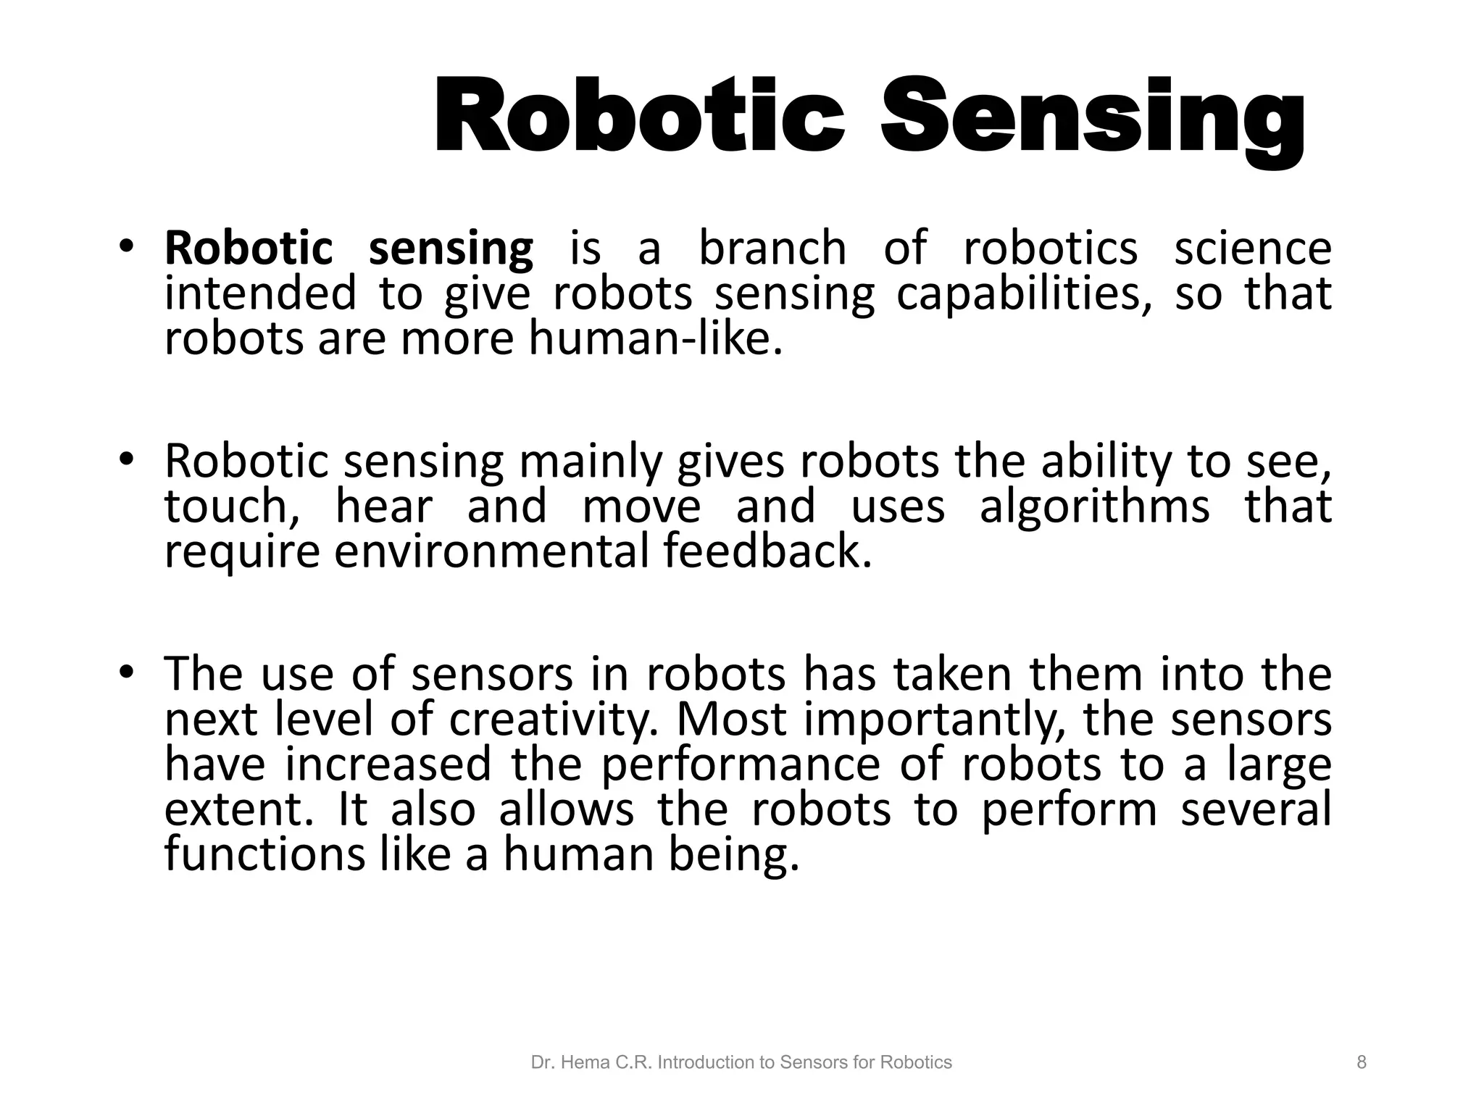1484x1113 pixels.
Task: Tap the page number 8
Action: point(1362,1062)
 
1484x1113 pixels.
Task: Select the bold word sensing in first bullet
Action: point(451,249)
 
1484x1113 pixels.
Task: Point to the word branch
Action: point(772,249)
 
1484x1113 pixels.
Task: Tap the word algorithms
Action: point(1094,506)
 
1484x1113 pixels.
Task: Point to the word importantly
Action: point(935,720)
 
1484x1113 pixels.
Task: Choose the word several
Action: point(1256,809)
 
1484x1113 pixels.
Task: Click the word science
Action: point(1252,249)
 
